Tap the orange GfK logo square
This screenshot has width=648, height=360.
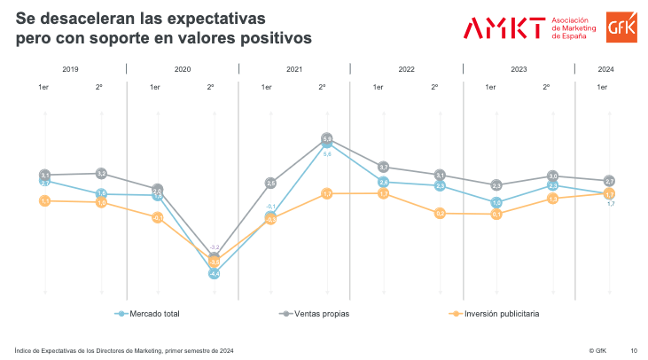[x=618, y=27]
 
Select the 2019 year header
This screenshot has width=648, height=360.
[x=70, y=68]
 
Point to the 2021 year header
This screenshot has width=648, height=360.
[x=294, y=68]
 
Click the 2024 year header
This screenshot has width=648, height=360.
[x=606, y=68]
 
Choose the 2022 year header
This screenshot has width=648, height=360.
[x=406, y=68]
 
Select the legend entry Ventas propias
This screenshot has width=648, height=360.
[x=319, y=313]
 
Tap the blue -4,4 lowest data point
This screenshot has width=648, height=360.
[x=214, y=274]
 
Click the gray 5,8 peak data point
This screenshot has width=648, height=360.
[x=326, y=139]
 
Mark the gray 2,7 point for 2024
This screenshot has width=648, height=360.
[x=609, y=181]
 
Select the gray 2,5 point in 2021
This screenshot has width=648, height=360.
[x=270, y=183]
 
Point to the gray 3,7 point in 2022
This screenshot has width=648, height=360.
[x=383, y=167]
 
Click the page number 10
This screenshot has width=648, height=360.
[x=633, y=349]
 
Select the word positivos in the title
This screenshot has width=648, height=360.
[x=269, y=38]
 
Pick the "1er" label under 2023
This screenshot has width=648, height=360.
[x=489, y=87]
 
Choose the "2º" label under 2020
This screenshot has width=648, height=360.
[x=210, y=87]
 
